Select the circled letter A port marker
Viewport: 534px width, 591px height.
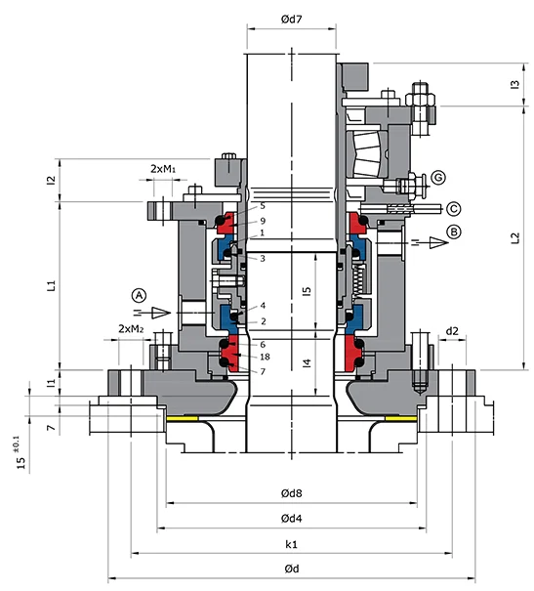(140, 294)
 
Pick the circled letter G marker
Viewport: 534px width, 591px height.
(438, 177)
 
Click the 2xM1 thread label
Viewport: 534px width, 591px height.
(164, 169)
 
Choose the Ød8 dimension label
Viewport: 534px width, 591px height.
(292, 494)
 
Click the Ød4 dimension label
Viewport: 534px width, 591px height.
(292, 518)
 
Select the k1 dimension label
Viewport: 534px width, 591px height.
(292, 543)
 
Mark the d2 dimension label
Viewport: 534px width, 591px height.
(452, 331)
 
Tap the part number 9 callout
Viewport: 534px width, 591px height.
(263, 221)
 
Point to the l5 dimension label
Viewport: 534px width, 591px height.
(307, 291)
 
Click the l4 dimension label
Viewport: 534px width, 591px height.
(307, 364)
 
